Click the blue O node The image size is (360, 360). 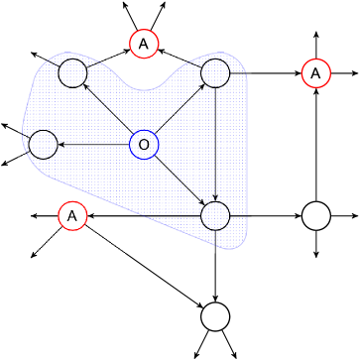click(144, 145)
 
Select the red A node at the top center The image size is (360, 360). click(144, 44)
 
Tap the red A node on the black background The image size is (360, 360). click(315, 72)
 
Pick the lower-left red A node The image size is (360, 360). click(72, 215)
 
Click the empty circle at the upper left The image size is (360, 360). click(72, 72)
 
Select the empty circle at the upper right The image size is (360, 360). click(215, 72)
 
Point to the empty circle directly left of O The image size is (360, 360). click(43, 145)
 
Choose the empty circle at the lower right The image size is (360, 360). click(215, 215)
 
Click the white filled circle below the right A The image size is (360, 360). click(315, 216)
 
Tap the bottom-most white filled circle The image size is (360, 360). click(215, 317)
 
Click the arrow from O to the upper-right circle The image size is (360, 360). click(180, 109)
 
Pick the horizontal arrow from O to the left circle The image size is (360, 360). click(94, 145)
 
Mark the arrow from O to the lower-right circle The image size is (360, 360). click(180, 180)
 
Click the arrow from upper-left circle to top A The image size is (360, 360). click(108, 59)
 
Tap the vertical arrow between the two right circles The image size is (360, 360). click(215, 144)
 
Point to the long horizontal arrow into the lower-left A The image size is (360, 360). click(144, 215)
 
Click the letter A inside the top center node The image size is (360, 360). click(144, 44)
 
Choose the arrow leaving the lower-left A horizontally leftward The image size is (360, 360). click(45, 215)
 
